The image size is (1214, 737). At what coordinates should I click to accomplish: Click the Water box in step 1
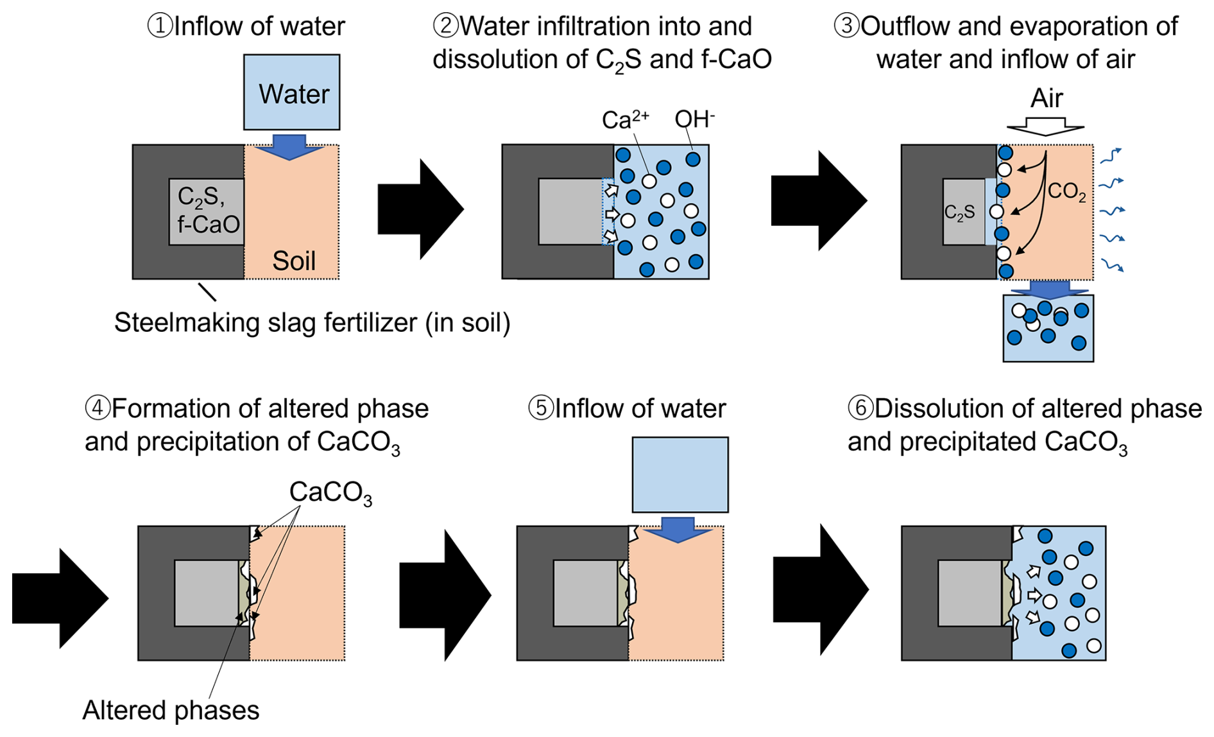point(292,92)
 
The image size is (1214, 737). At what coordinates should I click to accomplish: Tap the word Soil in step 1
point(294,261)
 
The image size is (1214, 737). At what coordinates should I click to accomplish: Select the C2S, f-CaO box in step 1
point(207,212)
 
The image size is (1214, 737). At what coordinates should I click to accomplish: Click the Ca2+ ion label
point(624,119)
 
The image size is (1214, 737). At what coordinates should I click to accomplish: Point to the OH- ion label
point(694,119)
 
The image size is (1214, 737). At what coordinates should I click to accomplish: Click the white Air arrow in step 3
point(1045,126)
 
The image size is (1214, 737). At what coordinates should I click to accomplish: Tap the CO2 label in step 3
point(1066,191)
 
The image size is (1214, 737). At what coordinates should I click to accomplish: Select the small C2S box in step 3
point(962,212)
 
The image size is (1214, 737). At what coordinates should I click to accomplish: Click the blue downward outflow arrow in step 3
point(1048,289)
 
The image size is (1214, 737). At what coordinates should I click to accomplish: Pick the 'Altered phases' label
point(171,711)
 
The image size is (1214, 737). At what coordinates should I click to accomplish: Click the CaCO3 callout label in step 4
point(330,493)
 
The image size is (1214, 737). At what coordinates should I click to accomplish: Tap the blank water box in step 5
point(680,474)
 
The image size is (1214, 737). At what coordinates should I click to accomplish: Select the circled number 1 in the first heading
point(158,26)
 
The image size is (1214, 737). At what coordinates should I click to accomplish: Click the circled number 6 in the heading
point(860,408)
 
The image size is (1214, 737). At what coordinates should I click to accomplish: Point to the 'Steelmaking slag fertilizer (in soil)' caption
point(312,322)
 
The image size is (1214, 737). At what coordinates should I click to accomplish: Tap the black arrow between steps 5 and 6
point(821,589)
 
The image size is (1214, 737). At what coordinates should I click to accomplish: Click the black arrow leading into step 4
point(60,598)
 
